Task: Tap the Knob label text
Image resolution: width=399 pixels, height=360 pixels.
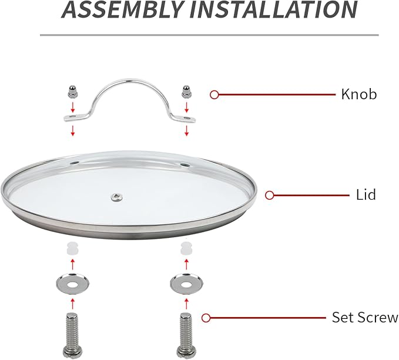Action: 359,94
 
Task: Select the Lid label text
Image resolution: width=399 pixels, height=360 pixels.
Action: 366,195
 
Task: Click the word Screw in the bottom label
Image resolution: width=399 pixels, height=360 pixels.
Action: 378,317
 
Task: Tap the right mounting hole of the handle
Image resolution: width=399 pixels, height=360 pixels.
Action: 187,118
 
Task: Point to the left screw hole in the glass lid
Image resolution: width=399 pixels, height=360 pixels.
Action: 75,162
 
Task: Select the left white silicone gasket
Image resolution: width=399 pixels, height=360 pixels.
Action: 72,248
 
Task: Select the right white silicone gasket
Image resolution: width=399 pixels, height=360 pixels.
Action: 186,248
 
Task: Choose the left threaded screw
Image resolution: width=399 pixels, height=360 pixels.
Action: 72,336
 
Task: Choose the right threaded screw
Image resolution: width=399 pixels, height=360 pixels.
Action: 186,336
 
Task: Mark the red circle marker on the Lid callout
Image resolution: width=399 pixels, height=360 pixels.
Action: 269,196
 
